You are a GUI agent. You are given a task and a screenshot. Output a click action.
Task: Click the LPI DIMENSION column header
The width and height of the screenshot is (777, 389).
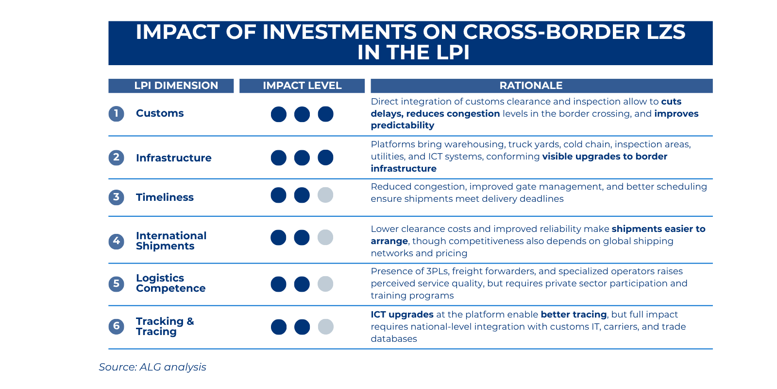[x=176, y=86]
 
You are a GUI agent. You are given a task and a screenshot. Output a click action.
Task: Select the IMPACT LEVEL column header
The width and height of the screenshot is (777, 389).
[x=302, y=86]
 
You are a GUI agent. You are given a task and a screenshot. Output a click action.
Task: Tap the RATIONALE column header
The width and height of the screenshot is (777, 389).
[x=531, y=86]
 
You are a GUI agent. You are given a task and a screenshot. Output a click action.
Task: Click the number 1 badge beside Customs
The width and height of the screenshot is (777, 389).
[x=116, y=114]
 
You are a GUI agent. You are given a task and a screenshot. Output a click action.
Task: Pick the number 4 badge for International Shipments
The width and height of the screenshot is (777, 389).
[x=116, y=241]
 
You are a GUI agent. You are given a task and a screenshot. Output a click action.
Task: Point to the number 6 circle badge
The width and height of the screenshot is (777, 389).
[x=116, y=326]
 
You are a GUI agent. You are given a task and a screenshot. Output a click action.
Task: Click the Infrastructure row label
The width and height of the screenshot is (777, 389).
[x=173, y=158]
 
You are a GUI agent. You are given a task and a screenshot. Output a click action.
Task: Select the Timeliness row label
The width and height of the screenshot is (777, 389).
[x=165, y=197]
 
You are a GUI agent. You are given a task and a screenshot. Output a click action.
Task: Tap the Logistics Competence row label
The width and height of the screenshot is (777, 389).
[x=170, y=283]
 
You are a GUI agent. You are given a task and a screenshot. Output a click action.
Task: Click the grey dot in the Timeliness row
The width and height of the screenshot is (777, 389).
[x=325, y=195]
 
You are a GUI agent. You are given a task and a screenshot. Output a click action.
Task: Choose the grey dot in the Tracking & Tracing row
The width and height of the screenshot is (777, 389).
[x=325, y=327]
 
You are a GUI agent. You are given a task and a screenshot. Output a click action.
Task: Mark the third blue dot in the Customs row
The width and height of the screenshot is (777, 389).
[x=325, y=114]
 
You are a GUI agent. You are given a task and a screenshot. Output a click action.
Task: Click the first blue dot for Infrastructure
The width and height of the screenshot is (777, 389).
[x=278, y=158]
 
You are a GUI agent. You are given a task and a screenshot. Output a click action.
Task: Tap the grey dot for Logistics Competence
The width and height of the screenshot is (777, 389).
[x=325, y=284]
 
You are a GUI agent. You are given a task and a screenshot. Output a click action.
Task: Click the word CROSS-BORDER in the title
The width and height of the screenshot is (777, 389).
[x=551, y=32]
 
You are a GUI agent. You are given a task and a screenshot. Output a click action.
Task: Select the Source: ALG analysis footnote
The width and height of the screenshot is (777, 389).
[x=152, y=367]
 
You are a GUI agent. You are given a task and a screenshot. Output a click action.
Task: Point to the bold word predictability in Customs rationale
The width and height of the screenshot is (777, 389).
[x=403, y=125]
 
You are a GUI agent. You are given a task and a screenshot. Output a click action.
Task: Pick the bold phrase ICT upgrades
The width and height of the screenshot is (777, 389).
[x=402, y=315]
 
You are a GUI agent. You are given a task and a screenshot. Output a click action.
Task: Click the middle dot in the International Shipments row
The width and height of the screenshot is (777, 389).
[x=302, y=238]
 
